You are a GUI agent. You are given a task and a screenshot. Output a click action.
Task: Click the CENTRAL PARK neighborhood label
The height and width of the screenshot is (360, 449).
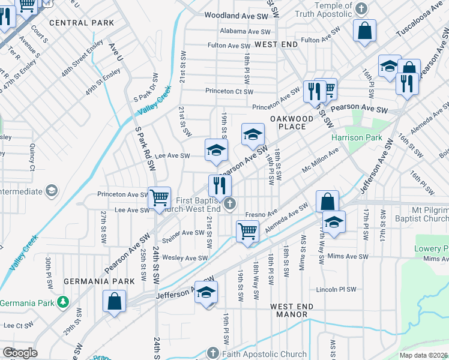[82, 23]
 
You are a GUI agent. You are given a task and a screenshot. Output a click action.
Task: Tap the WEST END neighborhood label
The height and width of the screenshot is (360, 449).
[276, 45]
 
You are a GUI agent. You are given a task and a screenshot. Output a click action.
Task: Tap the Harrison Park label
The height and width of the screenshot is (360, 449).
[357, 137]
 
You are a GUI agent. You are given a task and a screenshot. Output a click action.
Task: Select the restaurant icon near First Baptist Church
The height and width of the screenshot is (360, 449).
[220, 184]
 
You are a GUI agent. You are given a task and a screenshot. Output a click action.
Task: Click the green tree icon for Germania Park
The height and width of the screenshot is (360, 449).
[62, 301]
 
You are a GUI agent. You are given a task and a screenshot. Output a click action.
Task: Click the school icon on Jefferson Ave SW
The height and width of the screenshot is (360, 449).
[206, 293]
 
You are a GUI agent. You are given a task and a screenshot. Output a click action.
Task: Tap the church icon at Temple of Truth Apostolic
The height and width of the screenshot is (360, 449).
[360, 8]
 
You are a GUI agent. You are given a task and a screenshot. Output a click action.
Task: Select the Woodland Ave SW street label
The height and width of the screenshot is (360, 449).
[236, 16]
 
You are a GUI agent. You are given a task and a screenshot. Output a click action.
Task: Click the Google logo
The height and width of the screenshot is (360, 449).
[20, 352]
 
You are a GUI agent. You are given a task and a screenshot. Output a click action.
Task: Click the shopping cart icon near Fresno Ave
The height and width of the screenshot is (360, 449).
[247, 230]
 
